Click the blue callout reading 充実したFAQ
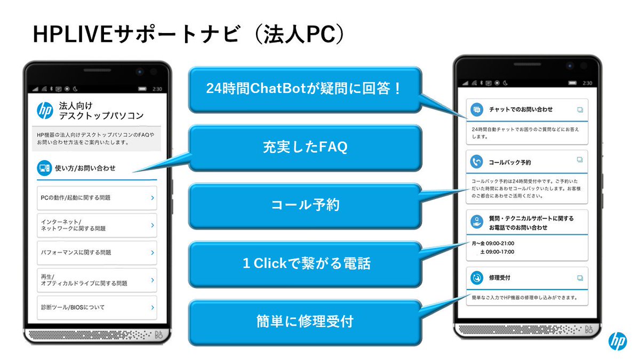point(305,148)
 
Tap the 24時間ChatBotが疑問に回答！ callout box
point(305,89)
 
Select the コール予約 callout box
point(305,205)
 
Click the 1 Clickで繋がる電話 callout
point(305,263)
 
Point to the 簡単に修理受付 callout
point(305,322)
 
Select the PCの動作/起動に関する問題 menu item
point(97,198)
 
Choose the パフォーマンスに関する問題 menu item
point(97,252)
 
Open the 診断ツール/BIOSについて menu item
point(97,308)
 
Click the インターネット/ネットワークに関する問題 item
point(97,225)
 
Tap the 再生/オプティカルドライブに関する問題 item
point(97,280)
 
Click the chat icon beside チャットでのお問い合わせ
point(477,109)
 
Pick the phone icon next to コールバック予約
point(477,161)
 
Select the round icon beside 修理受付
point(477,278)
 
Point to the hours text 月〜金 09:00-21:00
point(493,244)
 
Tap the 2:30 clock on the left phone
point(156,89)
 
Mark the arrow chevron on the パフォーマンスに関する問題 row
point(152,252)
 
